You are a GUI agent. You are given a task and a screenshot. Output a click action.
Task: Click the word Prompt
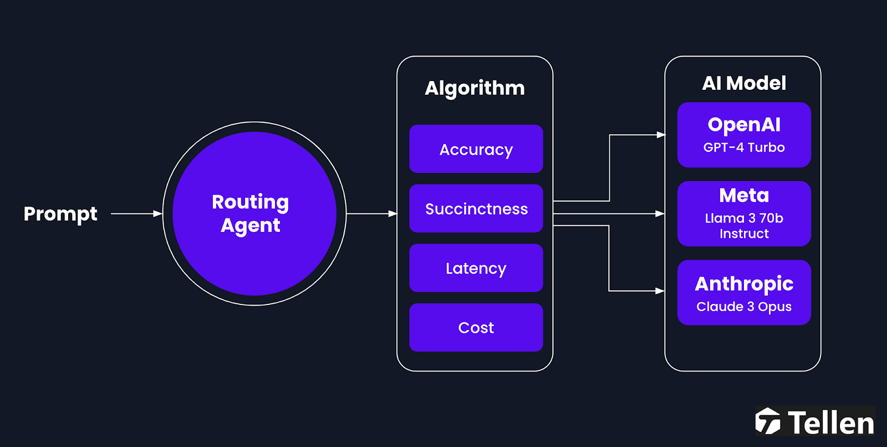pyautogui.click(x=60, y=214)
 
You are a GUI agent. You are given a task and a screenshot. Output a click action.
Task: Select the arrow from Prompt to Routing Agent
pyautogui.click(x=136, y=214)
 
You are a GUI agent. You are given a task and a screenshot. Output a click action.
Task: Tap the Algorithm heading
pyautogui.click(x=475, y=88)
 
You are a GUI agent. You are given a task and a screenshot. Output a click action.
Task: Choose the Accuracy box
pyautogui.click(x=476, y=149)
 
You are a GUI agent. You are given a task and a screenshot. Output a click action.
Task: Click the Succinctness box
pyautogui.click(x=476, y=209)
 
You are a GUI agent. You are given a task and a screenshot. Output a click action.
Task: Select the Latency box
pyautogui.click(x=476, y=268)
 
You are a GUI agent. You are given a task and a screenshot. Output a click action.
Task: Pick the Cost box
pyautogui.click(x=476, y=327)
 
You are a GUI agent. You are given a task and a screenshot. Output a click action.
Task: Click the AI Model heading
pyautogui.click(x=743, y=83)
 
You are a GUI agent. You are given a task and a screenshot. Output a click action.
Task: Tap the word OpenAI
pyautogui.click(x=743, y=124)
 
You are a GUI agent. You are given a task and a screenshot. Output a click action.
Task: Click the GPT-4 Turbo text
pyautogui.click(x=743, y=148)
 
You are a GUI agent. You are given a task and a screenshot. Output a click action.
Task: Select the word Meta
pyautogui.click(x=743, y=195)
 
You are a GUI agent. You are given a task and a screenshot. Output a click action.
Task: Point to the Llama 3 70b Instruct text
pyautogui.click(x=743, y=226)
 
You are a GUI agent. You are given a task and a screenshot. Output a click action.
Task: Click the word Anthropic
pyautogui.click(x=743, y=283)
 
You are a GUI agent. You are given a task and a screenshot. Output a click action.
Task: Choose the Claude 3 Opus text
pyautogui.click(x=743, y=307)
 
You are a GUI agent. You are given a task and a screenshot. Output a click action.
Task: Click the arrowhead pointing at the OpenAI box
pyautogui.click(x=661, y=135)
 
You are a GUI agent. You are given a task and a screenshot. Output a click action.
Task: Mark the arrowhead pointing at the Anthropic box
pyautogui.click(x=660, y=291)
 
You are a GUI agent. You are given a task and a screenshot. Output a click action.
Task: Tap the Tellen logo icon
pyautogui.click(x=768, y=421)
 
